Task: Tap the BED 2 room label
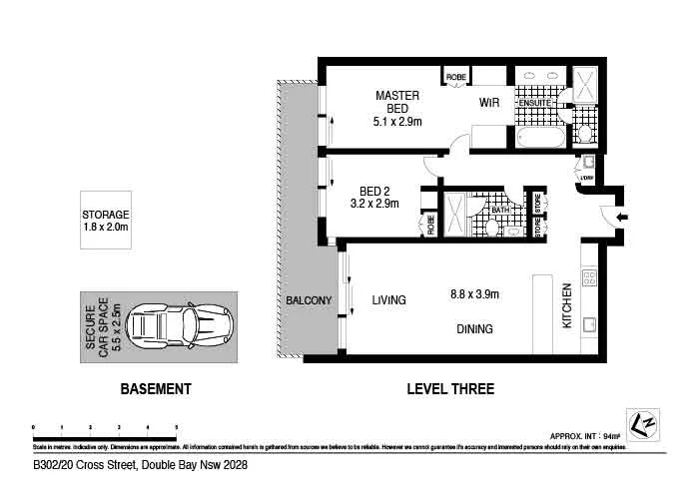tap(374, 196)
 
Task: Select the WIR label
tap(489, 103)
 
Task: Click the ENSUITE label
tap(534, 102)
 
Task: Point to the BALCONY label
tap(309, 300)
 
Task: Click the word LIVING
tap(389, 300)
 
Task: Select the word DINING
tap(474, 329)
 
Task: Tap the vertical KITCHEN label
tap(566, 305)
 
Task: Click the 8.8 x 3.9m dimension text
tap(474, 294)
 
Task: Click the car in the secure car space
tap(181, 323)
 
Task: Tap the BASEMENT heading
tap(155, 389)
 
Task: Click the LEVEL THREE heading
tap(450, 389)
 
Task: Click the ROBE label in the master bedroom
tap(456, 77)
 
